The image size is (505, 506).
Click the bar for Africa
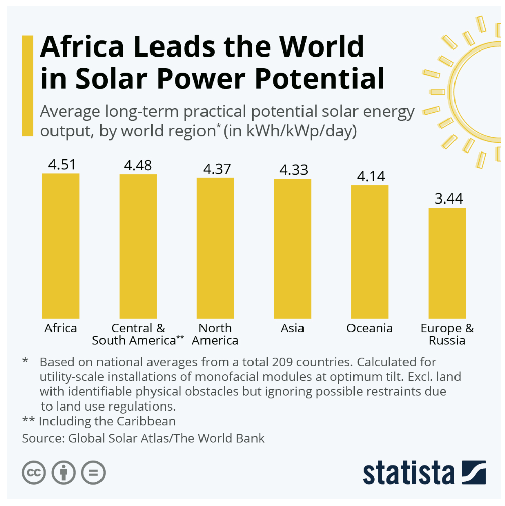coord(61,245)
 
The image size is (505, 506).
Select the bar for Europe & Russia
coord(447,263)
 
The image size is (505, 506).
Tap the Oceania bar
coord(370,251)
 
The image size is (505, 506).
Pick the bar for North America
coord(215,248)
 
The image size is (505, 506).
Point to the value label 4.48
coord(138,165)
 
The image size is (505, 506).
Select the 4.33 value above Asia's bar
coord(293,170)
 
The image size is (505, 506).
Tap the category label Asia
coord(292,328)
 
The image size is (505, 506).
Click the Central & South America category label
coord(138,334)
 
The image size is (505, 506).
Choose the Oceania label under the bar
coord(370,328)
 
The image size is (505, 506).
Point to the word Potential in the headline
coord(316,79)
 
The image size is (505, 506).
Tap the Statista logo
coord(424,472)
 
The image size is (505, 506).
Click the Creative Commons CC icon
coord(34,473)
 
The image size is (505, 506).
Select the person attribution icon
coord(63,473)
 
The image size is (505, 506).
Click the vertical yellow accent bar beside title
coord(27,85)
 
